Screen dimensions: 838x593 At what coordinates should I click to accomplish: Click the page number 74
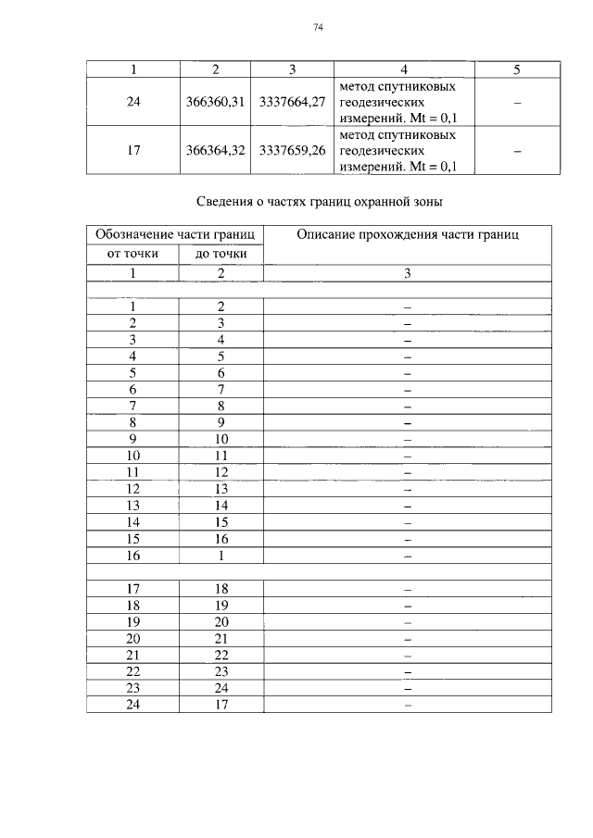click(318, 29)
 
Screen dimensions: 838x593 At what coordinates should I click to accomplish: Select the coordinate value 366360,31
click(215, 102)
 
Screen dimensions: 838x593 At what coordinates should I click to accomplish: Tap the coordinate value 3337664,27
click(292, 102)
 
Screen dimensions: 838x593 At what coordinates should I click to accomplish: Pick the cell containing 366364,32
click(215, 150)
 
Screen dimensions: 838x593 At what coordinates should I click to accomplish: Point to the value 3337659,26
click(292, 150)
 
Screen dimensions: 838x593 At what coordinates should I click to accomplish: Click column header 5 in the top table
click(517, 69)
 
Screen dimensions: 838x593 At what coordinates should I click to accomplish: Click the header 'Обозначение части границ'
click(175, 234)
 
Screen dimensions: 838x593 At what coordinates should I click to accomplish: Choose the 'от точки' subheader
click(132, 254)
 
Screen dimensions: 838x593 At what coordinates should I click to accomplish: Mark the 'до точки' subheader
click(221, 254)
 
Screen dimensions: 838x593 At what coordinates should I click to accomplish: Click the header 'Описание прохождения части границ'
click(407, 234)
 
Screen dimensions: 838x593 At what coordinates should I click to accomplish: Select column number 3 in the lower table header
click(407, 273)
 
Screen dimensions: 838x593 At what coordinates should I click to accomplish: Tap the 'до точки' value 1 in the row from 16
click(221, 555)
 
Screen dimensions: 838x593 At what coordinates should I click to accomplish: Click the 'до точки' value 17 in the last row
click(221, 705)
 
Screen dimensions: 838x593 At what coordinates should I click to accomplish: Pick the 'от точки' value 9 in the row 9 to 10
click(132, 438)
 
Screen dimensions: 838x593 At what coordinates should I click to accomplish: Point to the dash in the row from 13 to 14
click(407, 506)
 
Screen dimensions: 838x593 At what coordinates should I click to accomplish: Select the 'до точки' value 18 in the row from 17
click(221, 588)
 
